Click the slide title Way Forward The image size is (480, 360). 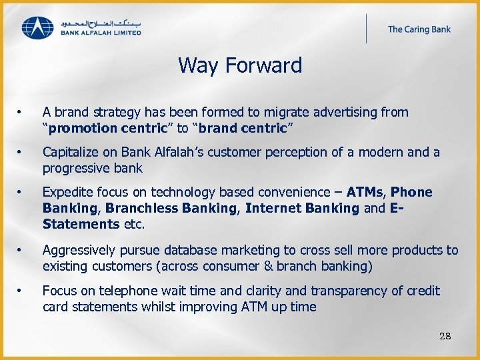point(240,65)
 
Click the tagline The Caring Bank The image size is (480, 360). point(419,29)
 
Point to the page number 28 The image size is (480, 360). point(445,336)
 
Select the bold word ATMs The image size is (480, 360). point(365,193)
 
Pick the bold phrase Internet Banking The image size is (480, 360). point(302,208)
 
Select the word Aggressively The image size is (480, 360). point(78,251)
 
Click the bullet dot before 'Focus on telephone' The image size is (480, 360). point(21,291)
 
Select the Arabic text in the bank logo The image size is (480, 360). point(100,22)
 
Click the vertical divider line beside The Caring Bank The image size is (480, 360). point(366,29)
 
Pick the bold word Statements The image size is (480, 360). point(81,224)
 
